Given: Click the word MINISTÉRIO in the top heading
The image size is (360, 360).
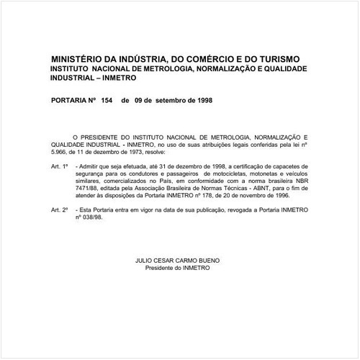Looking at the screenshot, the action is pos(80,58).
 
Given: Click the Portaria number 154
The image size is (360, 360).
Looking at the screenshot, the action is pos(109,101).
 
